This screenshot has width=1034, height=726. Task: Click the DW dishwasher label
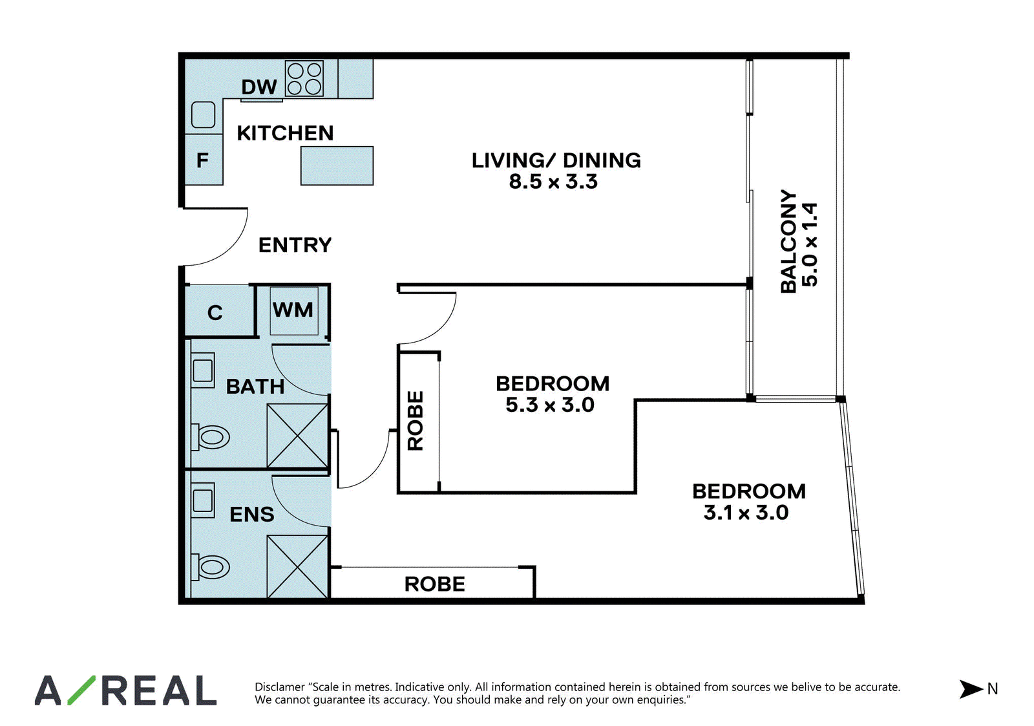click(x=259, y=87)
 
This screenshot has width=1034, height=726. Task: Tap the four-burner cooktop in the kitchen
click(x=304, y=79)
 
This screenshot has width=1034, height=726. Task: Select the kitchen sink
click(x=203, y=114)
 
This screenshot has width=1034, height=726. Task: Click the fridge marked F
click(x=204, y=160)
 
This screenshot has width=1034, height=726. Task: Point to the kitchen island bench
click(x=337, y=165)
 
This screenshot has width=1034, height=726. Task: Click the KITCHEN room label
click(x=285, y=133)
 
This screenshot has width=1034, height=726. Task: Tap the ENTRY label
click(x=295, y=245)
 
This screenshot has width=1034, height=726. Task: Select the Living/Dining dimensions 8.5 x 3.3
click(x=553, y=182)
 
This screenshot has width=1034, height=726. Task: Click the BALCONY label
click(x=788, y=241)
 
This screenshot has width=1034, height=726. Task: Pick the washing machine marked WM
click(x=294, y=311)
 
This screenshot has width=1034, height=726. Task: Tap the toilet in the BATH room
click(x=210, y=437)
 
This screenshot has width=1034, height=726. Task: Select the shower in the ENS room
click(x=298, y=566)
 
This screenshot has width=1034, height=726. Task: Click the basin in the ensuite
click(x=203, y=500)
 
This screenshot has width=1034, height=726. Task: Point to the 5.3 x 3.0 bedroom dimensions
click(x=549, y=405)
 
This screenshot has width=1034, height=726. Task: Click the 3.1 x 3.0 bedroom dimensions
click(x=746, y=513)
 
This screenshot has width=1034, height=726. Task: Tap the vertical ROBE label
click(x=415, y=421)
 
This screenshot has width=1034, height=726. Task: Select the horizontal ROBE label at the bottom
click(x=434, y=584)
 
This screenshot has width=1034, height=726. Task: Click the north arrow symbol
click(x=971, y=689)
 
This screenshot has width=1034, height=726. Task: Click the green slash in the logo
click(x=81, y=690)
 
